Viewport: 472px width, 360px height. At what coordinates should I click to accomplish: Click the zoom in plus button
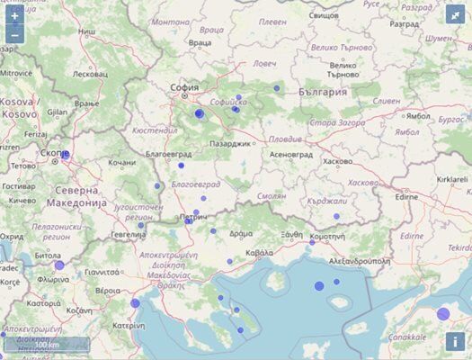point(14,16)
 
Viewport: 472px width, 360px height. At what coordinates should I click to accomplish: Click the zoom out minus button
point(14,36)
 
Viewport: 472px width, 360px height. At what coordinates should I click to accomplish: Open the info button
point(456,342)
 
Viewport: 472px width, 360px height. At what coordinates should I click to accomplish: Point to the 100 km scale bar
point(45,345)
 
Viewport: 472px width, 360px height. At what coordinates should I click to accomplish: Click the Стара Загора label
point(334,121)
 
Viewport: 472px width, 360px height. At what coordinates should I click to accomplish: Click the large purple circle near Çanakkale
point(443,313)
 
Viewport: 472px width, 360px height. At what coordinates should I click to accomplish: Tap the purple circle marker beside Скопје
point(66,155)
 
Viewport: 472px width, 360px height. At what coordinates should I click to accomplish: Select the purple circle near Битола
point(59,265)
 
